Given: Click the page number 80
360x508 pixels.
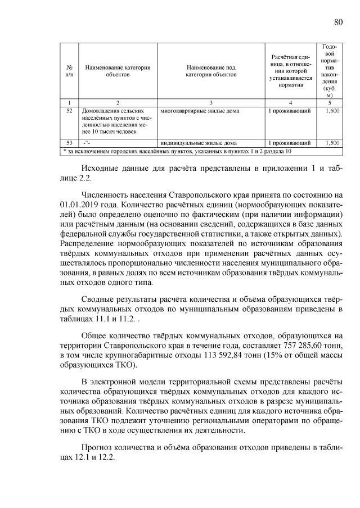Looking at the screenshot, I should [338, 22].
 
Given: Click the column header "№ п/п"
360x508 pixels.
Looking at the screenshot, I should [69, 71].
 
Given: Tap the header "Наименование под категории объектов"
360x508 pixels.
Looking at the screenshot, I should [210, 71].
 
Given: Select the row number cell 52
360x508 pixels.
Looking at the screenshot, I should [69, 111].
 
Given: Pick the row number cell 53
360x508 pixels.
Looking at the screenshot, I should [69, 143].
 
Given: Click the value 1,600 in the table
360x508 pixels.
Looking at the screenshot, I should [332, 111].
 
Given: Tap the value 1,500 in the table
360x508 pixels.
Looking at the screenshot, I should [332, 143].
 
